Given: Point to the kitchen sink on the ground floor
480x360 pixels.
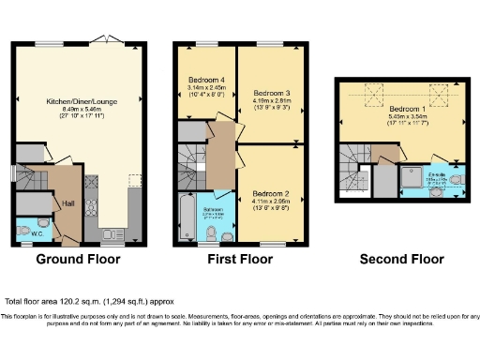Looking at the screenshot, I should coord(112,232).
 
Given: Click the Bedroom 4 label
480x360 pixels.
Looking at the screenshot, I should coord(205,78).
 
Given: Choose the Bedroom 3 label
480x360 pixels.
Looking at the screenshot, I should coord(272,93).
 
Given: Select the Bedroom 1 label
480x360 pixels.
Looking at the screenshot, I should coord(407,109).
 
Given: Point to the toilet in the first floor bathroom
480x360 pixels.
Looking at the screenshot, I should coord(214,232).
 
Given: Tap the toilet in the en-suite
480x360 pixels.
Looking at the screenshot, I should coord(456,179).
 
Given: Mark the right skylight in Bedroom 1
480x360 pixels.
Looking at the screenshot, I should coord(437,91).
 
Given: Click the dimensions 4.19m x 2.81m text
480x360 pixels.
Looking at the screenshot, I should coord(272,101).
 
